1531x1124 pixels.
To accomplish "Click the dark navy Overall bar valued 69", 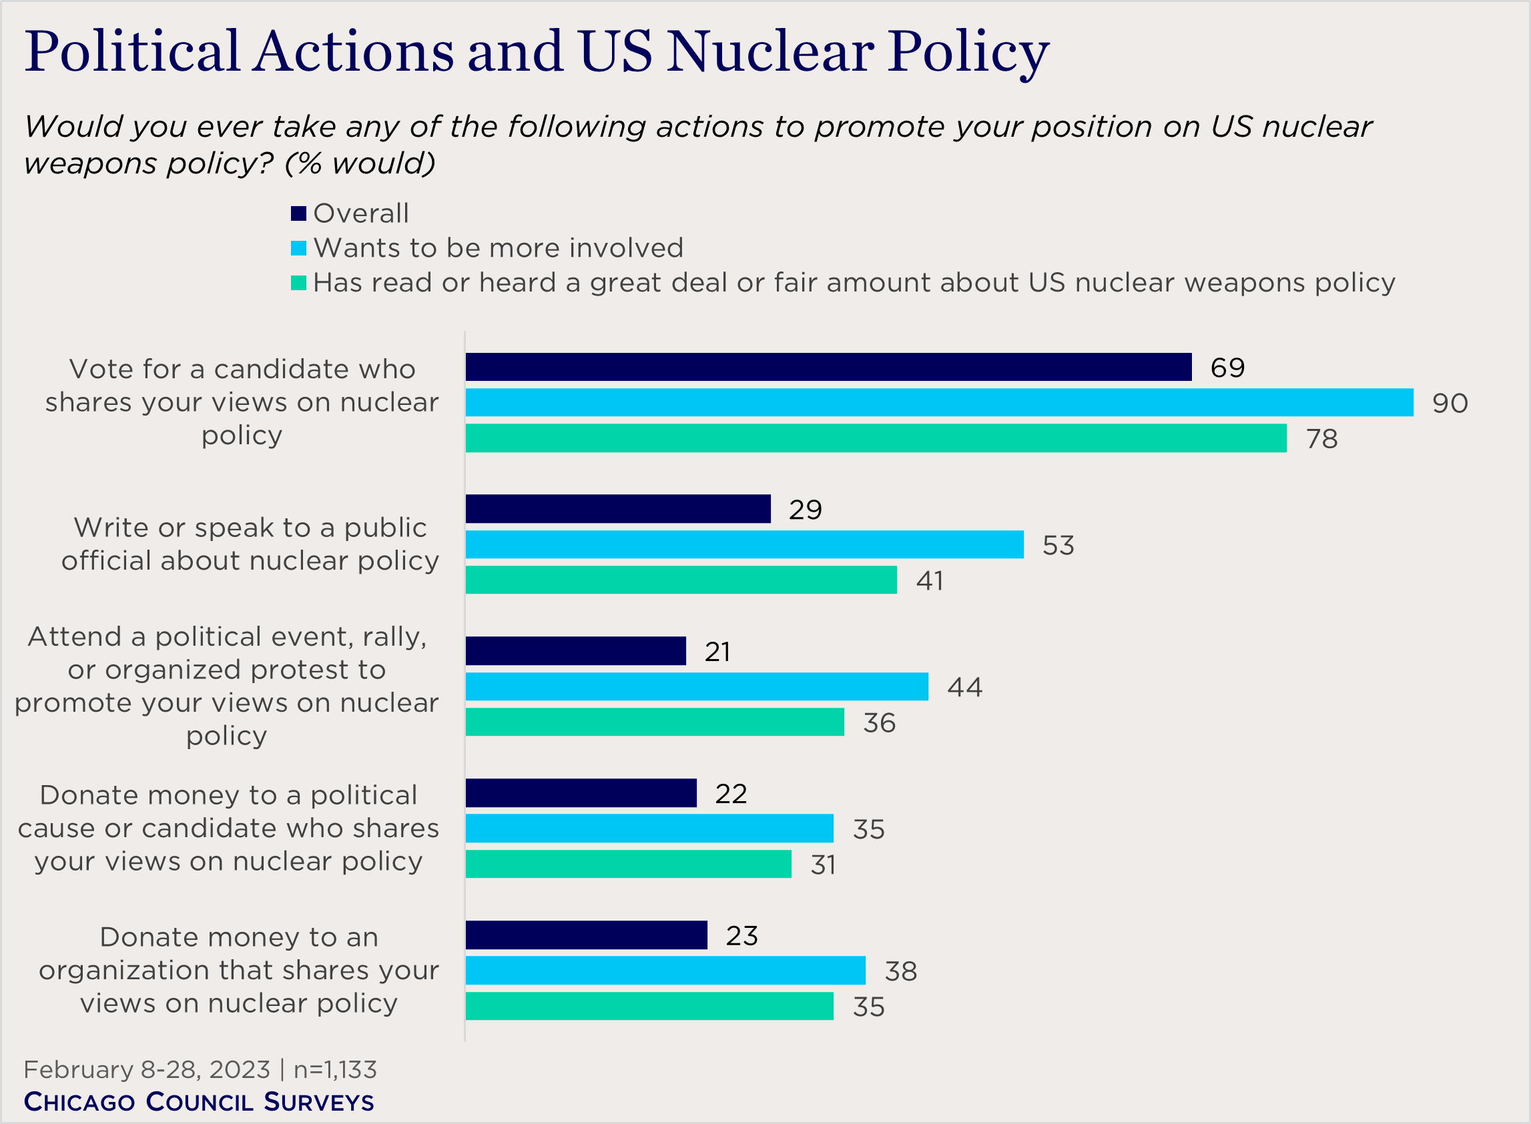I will [x=828, y=367].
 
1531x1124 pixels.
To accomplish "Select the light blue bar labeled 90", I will [x=940, y=402].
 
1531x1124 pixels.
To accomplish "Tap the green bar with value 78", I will [x=876, y=438].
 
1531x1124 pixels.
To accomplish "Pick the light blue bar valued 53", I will [x=745, y=544].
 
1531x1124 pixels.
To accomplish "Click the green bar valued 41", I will [x=681, y=580].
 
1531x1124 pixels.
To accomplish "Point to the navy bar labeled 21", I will [x=576, y=651].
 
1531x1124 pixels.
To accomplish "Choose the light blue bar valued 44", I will [x=697, y=686].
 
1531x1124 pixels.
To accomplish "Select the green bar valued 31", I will [x=628, y=864].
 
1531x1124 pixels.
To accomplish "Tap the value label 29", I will [x=806, y=510].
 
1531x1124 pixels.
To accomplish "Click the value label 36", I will [x=879, y=722].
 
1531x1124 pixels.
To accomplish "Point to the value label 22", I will [x=731, y=793].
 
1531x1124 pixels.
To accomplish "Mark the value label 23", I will [x=741, y=935].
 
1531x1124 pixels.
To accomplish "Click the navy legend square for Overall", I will [x=298, y=213].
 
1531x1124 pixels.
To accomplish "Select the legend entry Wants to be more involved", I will [x=498, y=247].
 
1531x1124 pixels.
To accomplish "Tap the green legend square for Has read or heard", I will [x=298, y=282].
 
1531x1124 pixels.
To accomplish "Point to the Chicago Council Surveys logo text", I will [x=199, y=1101].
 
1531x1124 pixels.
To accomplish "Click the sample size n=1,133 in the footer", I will [x=335, y=1069].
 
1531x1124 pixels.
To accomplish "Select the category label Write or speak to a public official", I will [x=250, y=544].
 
